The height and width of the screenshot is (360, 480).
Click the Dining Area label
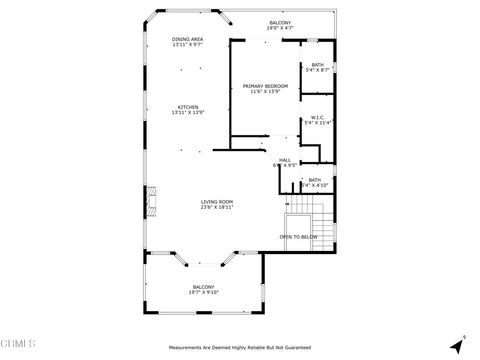(x=188, y=39)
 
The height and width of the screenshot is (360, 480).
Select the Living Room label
(x=217, y=202)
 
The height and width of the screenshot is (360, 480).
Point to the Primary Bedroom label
(x=265, y=86)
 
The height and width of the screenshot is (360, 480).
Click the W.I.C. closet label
(x=317, y=117)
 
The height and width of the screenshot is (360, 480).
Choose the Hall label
(x=285, y=159)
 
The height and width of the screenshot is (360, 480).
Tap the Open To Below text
(x=298, y=237)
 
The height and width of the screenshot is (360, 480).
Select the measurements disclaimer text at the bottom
(x=239, y=348)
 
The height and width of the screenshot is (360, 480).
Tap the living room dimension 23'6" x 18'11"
(x=217, y=208)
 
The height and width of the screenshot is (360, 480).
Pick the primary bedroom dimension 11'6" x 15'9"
(x=265, y=92)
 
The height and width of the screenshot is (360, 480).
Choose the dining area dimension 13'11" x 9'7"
(x=188, y=45)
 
